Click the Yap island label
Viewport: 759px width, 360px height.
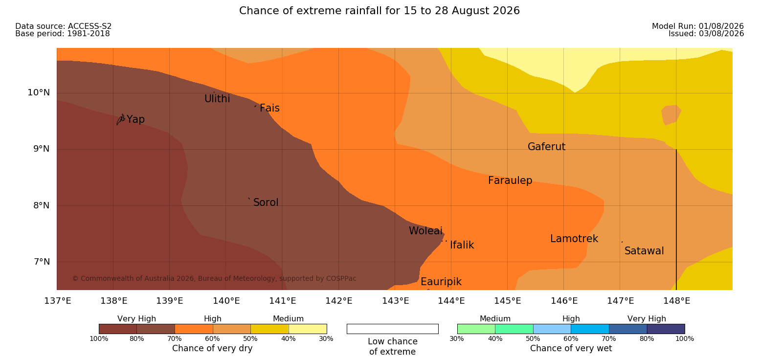tap(135, 120)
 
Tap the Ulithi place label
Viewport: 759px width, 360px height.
tap(217, 99)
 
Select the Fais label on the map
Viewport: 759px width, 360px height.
tap(270, 108)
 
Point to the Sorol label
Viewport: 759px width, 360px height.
tap(266, 202)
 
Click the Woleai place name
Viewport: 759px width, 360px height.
tap(425, 231)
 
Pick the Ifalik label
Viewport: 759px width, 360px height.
tap(462, 245)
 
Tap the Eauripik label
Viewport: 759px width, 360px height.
tap(441, 282)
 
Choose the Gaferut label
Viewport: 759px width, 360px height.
tap(547, 147)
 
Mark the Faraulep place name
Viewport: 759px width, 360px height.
tap(510, 180)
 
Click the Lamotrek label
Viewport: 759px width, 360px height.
tap(574, 239)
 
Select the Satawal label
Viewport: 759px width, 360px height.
tap(644, 251)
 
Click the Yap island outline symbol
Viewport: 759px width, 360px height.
tap(121, 120)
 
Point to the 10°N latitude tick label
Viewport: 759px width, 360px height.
tap(39, 92)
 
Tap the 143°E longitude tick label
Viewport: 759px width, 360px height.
tap(396, 301)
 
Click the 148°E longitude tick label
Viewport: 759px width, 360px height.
tap(677, 301)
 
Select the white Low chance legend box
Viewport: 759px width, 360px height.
tap(393, 329)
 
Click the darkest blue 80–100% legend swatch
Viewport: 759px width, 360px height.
tap(666, 329)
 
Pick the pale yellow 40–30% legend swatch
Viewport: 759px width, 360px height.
tap(308, 329)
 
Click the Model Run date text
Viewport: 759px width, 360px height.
tap(698, 26)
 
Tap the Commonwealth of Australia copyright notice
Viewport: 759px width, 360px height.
tap(214, 279)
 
